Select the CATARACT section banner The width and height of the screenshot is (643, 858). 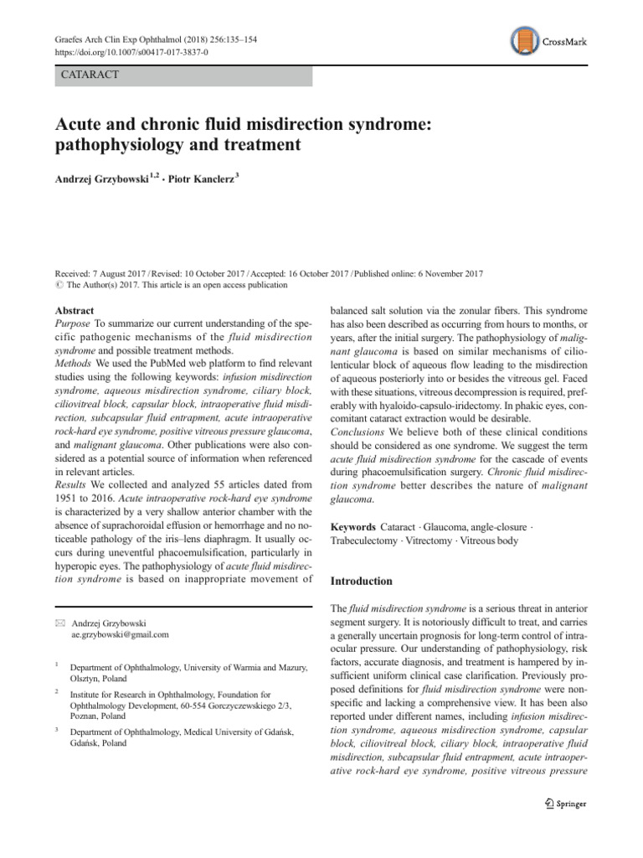(183, 75)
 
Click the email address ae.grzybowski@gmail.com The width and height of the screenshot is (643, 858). (121, 634)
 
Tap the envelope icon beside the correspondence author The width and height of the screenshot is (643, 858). (59, 623)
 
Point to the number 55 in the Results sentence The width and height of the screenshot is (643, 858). (201, 484)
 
